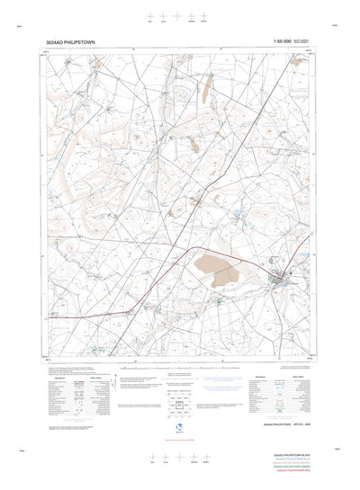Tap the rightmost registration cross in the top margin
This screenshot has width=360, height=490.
coord(208,15)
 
